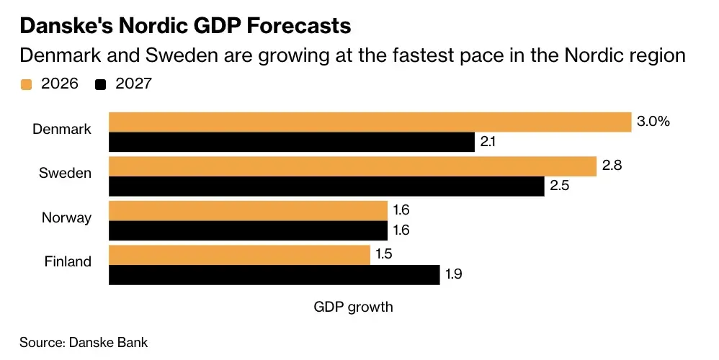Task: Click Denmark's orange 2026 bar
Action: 370,122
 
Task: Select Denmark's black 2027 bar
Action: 291,142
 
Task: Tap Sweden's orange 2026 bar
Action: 352,166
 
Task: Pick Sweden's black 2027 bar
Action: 326,186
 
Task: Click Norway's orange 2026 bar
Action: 248,211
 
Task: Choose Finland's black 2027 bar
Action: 274,275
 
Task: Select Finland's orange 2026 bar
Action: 239,255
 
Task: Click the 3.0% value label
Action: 653,122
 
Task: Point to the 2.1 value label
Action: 488,142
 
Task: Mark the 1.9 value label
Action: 455,275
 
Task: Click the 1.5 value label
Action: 383,255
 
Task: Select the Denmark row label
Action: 62,130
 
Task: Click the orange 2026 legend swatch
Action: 27,84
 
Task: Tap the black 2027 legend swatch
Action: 101,84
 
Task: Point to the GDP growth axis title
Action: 354,307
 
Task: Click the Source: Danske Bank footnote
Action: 84,343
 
